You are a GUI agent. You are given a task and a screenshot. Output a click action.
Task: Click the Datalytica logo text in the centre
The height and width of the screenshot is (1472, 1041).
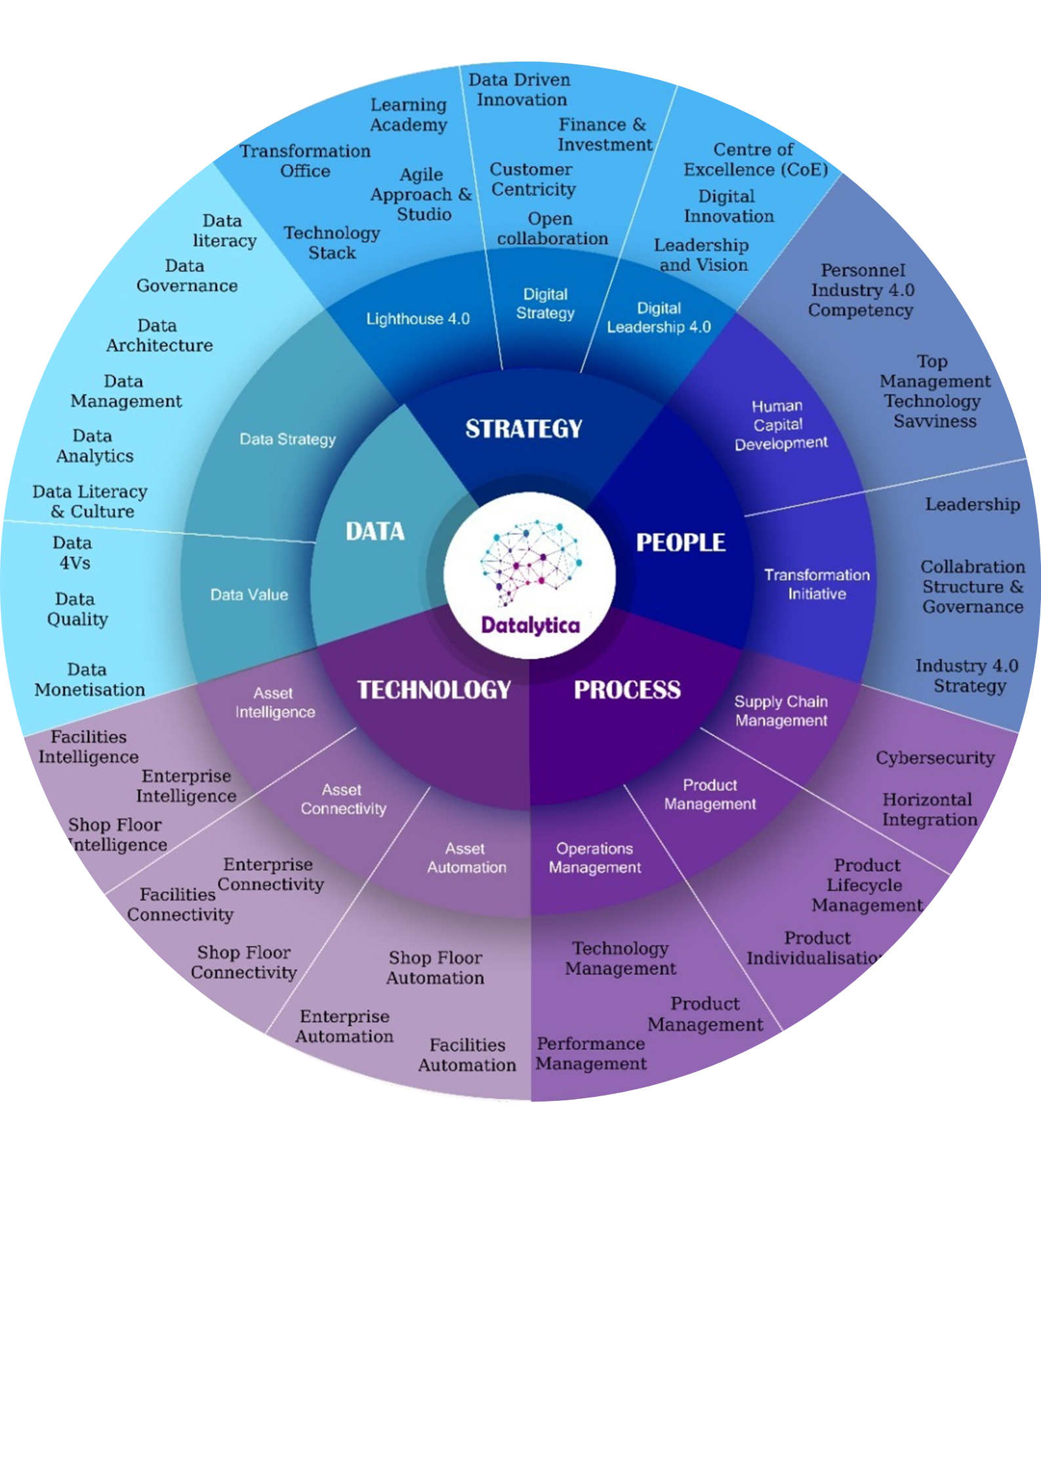point(530,625)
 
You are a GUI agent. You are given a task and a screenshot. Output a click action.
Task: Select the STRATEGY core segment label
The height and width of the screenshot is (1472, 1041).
point(523,429)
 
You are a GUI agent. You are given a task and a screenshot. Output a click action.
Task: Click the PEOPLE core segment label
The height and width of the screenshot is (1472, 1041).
point(680,543)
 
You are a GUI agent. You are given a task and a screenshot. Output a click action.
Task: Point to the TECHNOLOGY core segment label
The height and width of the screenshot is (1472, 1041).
point(434,690)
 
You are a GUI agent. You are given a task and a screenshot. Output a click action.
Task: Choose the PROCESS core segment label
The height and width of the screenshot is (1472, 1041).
point(627,690)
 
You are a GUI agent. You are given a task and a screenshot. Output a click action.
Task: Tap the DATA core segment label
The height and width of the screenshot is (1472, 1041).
point(375,532)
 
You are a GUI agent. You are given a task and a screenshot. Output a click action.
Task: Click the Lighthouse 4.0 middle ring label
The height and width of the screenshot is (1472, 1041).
point(418,319)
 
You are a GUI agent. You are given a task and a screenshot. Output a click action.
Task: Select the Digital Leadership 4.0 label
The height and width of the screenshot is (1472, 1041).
point(659,318)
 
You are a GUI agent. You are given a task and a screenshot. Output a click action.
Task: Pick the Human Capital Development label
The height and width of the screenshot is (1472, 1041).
point(780,425)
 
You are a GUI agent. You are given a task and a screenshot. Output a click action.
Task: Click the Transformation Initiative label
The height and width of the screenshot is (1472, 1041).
point(817,584)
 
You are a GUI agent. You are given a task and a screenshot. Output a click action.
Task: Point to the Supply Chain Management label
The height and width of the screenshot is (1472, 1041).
point(781,711)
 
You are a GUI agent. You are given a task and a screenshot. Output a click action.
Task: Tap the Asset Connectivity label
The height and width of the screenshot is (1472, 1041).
point(343,799)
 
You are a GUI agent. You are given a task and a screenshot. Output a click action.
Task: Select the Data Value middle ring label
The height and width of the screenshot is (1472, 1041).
point(249,595)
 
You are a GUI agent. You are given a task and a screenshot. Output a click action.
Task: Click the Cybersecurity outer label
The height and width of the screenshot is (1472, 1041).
point(935,758)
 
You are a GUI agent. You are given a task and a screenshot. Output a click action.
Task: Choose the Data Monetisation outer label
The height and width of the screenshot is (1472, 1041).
point(89,680)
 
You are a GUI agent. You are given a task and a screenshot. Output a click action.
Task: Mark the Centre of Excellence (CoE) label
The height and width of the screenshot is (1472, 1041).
point(755,159)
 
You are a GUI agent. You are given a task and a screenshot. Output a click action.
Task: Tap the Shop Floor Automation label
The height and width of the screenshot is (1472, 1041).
point(435,968)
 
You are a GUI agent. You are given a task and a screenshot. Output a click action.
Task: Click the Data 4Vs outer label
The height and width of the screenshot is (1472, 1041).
point(73,553)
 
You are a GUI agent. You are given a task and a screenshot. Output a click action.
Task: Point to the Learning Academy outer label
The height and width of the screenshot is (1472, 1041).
point(408,115)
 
